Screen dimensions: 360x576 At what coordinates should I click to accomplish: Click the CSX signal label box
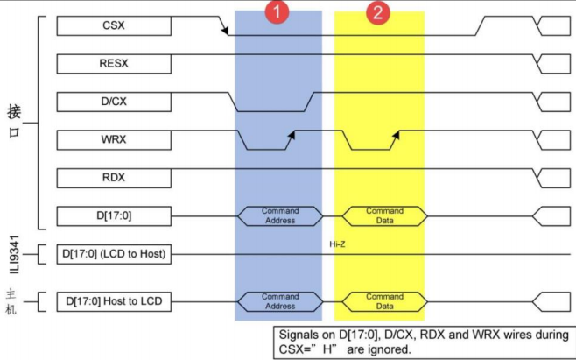(x=114, y=26)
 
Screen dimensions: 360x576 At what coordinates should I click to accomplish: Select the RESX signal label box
(x=114, y=63)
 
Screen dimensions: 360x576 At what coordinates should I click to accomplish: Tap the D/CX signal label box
(x=114, y=102)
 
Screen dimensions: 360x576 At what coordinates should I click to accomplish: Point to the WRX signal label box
(x=114, y=139)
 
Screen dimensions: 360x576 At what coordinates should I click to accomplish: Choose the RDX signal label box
(x=114, y=178)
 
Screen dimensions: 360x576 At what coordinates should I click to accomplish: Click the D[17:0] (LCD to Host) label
(x=114, y=255)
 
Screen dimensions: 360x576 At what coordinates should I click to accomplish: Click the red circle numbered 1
(x=277, y=13)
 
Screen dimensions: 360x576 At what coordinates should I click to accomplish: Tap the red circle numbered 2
(x=377, y=13)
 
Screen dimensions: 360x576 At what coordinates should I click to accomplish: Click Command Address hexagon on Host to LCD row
(x=280, y=302)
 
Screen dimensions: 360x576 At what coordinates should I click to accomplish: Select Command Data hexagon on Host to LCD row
(x=384, y=302)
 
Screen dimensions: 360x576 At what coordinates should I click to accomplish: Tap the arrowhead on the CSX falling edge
(x=227, y=32)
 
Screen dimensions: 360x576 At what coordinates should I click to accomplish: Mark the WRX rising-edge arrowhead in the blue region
(x=291, y=134)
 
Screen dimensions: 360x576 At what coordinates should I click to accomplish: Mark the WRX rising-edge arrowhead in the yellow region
(x=396, y=134)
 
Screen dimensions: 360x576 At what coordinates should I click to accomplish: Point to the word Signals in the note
(x=300, y=335)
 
